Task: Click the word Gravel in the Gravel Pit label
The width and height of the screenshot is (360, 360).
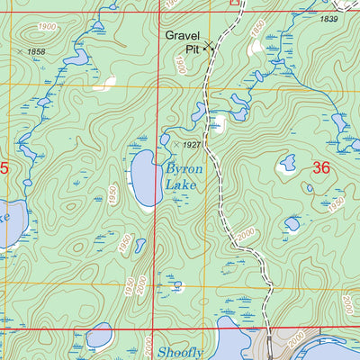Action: [x=182, y=36]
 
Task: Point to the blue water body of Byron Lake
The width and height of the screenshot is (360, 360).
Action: [x=144, y=178]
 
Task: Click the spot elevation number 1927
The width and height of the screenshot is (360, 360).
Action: [x=191, y=144]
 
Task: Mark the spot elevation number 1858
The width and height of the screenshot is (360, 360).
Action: [x=36, y=52]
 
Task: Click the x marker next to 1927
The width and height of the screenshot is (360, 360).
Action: [x=175, y=143]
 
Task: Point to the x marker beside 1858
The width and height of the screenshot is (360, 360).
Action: [x=20, y=52]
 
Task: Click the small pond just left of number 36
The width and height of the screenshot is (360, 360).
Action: [x=287, y=163]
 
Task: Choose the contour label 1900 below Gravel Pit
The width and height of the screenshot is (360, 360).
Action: [x=180, y=64]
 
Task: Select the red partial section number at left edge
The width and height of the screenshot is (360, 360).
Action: [x=4, y=167]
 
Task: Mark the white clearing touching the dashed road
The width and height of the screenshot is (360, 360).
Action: [x=217, y=122]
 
